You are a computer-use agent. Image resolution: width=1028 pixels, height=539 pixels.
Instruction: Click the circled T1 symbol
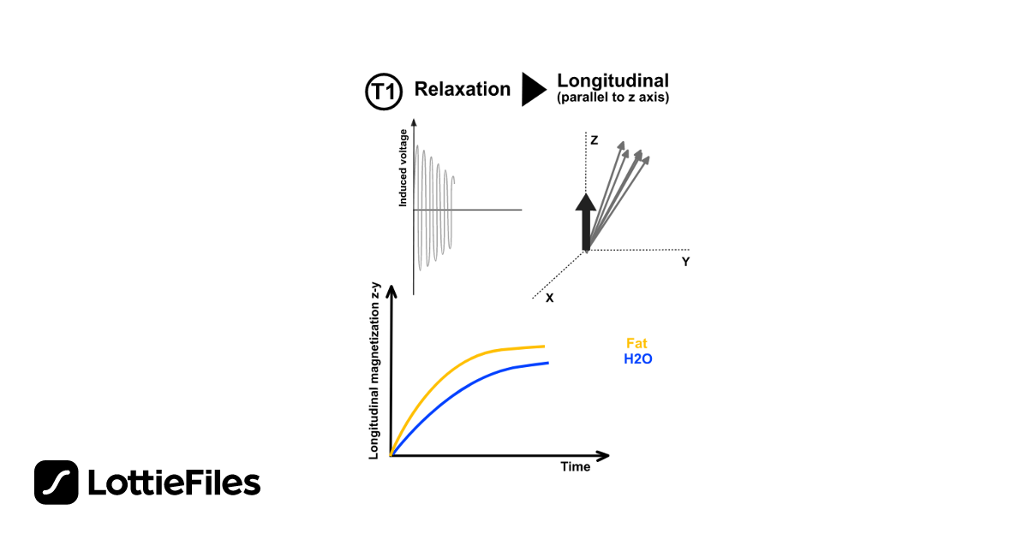tap(383, 92)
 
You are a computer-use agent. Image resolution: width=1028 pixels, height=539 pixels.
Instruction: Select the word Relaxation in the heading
tap(462, 89)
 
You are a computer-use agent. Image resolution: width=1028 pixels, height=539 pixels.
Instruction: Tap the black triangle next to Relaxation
tap(533, 89)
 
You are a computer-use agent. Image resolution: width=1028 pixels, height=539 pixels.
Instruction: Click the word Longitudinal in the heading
tap(613, 80)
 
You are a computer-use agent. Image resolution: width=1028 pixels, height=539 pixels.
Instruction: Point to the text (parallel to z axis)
tap(613, 98)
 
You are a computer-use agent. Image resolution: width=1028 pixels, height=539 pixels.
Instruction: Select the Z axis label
tap(594, 139)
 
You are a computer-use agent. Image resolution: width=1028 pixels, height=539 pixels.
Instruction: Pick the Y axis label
tap(685, 262)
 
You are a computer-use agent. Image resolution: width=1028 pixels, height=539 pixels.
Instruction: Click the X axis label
tap(549, 299)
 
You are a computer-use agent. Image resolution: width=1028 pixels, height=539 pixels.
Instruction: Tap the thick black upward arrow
tap(585, 222)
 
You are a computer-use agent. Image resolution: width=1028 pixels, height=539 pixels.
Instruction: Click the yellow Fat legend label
tap(637, 344)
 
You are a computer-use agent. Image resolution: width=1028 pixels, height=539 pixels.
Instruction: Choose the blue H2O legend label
tap(637, 359)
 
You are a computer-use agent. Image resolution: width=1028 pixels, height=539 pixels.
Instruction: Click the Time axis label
tap(575, 467)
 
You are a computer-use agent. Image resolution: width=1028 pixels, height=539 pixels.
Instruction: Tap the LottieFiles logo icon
tap(57, 483)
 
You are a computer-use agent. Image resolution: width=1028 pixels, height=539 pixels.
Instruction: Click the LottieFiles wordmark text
tap(174, 483)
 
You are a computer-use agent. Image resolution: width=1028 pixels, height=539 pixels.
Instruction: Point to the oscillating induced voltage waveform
tap(433, 210)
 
